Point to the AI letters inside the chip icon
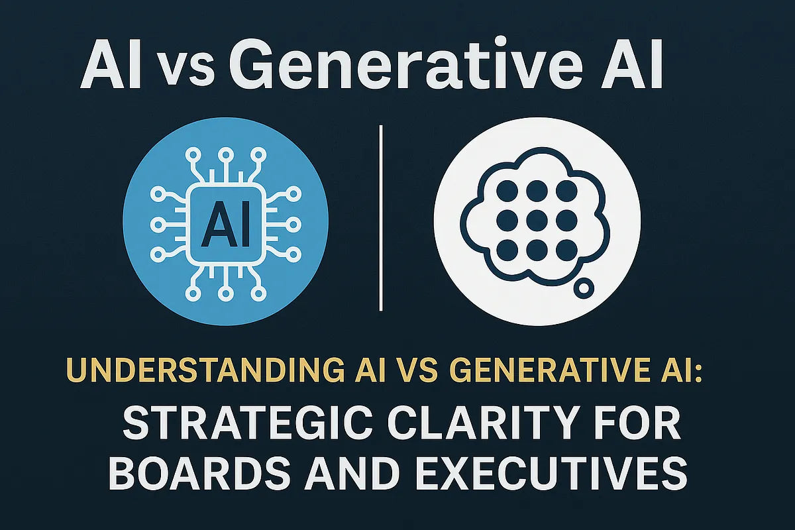click(x=225, y=225)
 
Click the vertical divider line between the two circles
click(x=382, y=219)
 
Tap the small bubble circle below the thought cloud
click(x=584, y=288)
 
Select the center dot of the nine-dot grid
click(x=535, y=219)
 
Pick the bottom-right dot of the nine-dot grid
click(x=566, y=250)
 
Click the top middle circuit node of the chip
click(x=225, y=155)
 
